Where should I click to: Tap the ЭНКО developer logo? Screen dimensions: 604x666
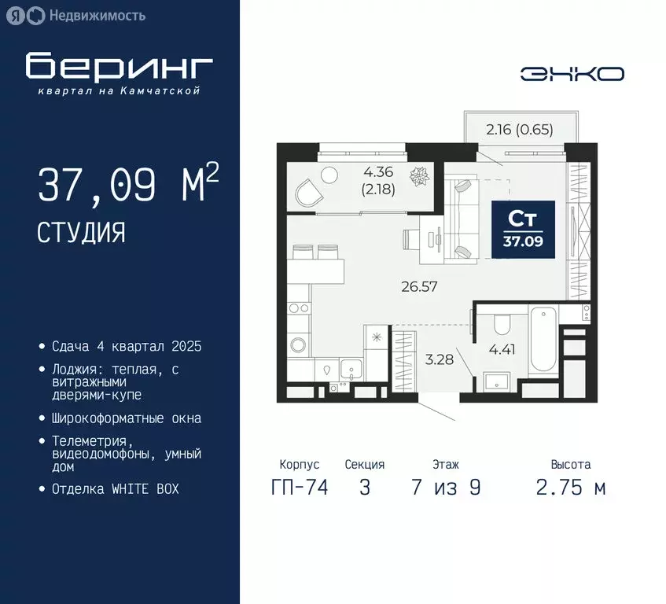572,74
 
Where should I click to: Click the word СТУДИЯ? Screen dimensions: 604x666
81,233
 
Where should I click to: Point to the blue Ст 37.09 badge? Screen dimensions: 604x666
524,229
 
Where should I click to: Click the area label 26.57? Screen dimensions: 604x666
418,286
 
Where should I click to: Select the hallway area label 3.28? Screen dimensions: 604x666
439,359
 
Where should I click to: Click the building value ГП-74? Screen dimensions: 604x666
299,488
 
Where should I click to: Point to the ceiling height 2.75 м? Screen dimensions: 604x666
571,488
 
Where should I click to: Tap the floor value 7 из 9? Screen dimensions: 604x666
446,488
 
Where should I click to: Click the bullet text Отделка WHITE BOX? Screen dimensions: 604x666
116,488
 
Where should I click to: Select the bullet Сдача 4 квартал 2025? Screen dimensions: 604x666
127,346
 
